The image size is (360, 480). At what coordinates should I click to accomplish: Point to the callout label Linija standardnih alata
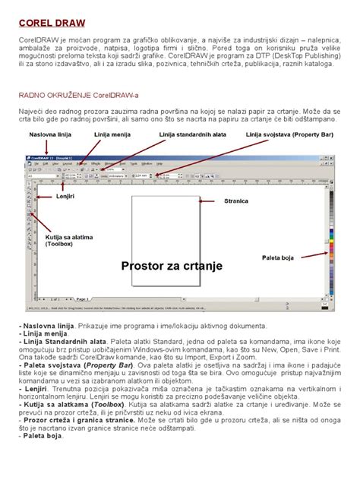point(193,134)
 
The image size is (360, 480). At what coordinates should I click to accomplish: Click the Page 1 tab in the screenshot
point(82,299)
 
